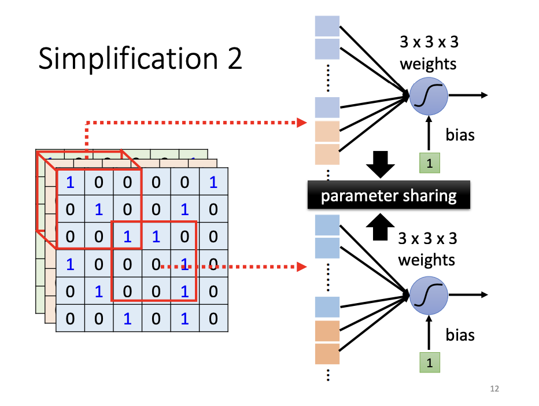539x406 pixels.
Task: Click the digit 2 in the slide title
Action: click(233, 60)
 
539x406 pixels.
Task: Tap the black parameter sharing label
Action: click(389, 195)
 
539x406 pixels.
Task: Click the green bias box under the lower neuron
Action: click(429, 363)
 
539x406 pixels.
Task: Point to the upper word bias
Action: click(460, 135)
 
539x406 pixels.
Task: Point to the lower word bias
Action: click(460, 335)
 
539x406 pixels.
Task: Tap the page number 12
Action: click(494, 389)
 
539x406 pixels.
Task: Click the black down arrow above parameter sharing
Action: click(381, 164)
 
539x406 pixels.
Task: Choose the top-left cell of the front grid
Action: click(71, 182)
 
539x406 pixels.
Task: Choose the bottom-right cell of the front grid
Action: click(213, 318)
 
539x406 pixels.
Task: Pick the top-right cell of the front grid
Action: click(213, 182)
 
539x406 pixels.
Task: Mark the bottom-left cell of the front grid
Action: click(71, 318)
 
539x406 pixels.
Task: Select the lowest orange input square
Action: click(327, 353)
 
